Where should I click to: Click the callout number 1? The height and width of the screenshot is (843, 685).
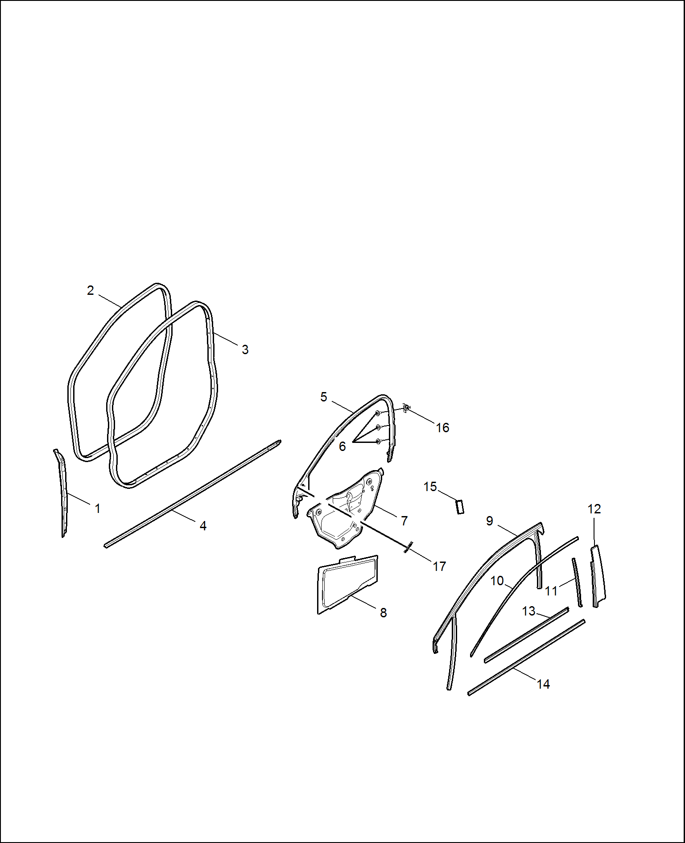[x=98, y=508]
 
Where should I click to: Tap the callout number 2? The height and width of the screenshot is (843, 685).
[x=91, y=290]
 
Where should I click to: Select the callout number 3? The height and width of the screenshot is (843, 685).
[x=245, y=349]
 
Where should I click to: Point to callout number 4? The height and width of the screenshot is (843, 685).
[x=203, y=526]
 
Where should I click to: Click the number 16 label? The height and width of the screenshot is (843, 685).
[x=442, y=428]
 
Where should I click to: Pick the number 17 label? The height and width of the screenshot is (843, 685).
[x=439, y=566]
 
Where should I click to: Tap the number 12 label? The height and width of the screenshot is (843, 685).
[x=594, y=509]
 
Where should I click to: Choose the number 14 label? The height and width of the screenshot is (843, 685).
[x=543, y=684]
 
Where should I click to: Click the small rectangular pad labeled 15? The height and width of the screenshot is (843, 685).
[x=460, y=507]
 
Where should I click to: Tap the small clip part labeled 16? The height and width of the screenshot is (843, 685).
[x=406, y=408]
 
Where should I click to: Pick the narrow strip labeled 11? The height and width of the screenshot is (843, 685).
[x=577, y=582]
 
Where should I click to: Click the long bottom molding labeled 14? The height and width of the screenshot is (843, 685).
[x=526, y=657]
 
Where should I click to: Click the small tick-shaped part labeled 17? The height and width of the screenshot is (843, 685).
[x=407, y=547]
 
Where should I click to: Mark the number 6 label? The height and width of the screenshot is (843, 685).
[x=342, y=446]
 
